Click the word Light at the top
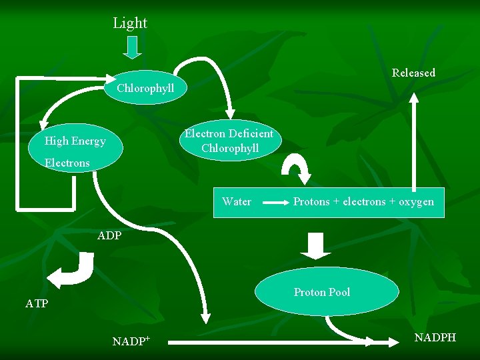click(130, 23)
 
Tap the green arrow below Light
click(133, 47)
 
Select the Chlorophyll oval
click(145, 88)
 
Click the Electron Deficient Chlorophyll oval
click(229, 141)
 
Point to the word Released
click(413, 73)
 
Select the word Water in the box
click(237, 201)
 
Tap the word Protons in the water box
click(313, 201)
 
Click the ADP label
click(109, 236)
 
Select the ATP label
click(37, 304)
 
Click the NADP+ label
click(131, 342)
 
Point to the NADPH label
click(435, 337)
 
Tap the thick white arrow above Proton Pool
click(315, 245)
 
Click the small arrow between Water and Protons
click(273, 202)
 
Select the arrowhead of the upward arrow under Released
click(414, 97)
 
